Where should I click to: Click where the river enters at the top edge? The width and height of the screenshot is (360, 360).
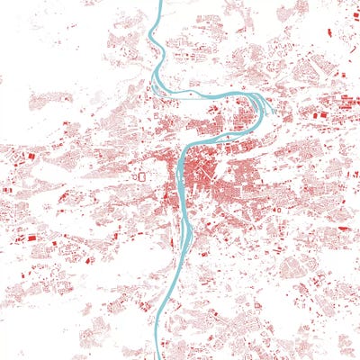coord(160,3)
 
